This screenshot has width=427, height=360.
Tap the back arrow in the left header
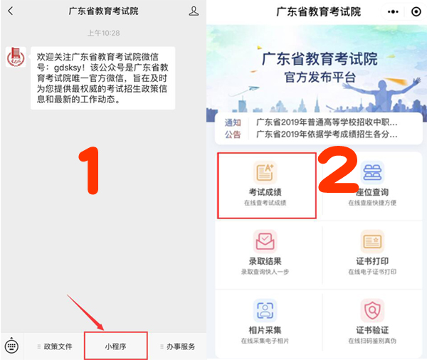[10, 12]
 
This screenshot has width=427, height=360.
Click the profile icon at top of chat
[194, 12]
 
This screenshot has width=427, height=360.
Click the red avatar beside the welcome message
[16, 58]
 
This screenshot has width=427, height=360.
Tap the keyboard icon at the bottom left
[11, 346]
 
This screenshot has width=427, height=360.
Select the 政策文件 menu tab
[56, 346]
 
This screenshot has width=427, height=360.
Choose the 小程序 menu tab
[116, 346]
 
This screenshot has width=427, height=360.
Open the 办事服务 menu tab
[177, 346]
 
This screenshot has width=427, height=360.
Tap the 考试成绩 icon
[265, 172]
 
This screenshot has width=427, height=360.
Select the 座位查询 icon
[371, 172]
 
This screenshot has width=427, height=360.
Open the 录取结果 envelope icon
[265, 240]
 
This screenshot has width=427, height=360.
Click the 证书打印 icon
[371, 240]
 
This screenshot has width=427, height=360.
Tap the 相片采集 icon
[265, 310]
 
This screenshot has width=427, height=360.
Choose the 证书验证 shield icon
[371, 310]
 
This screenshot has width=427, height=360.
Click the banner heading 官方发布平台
[316, 76]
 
